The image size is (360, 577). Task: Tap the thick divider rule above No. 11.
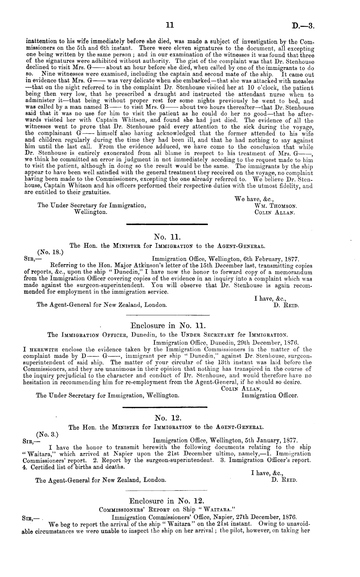(x=166, y=224)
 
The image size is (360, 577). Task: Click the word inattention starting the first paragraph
(x=39, y=42)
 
